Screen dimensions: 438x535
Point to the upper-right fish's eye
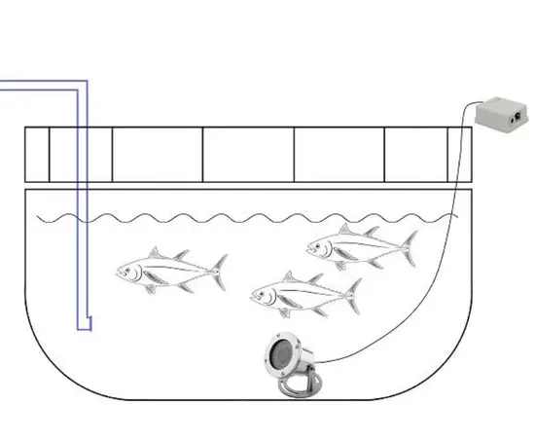(316, 243)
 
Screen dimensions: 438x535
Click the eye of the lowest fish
(260, 289)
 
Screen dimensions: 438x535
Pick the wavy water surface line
(243, 216)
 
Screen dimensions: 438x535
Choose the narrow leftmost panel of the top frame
(36, 156)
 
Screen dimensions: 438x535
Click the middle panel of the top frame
(248, 156)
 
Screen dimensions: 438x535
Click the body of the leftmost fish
(165, 272)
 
